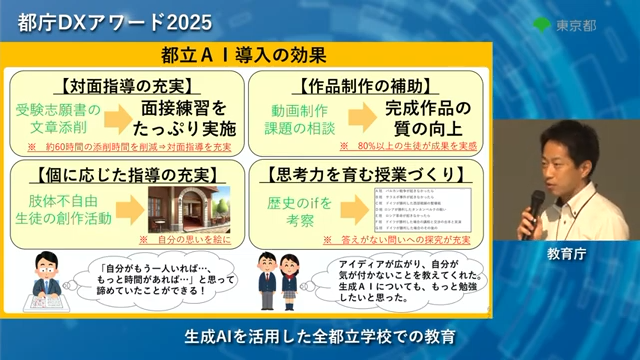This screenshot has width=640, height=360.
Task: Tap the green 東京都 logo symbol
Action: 541,23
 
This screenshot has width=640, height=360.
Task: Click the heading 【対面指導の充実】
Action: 126,84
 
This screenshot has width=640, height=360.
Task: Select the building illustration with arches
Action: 189,209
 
